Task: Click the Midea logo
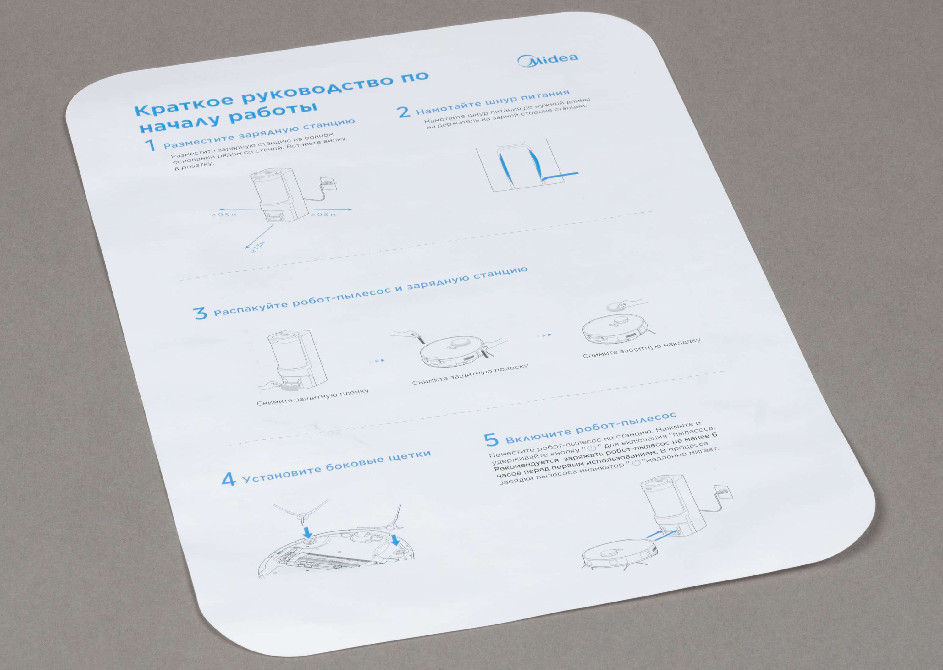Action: tap(548, 60)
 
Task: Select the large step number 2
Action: tap(404, 112)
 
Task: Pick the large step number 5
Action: tap(491, 440)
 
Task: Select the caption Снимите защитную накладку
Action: tap(641, 349)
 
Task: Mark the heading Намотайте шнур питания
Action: tap(493, 102)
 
